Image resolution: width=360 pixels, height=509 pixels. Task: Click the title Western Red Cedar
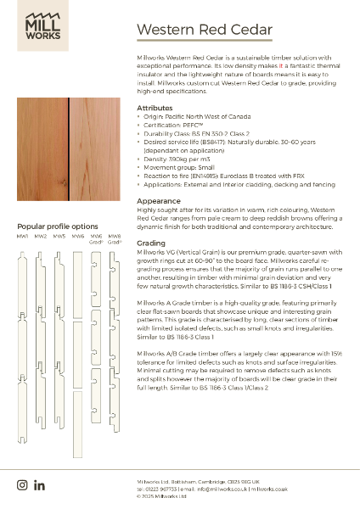click(x=204, y=31)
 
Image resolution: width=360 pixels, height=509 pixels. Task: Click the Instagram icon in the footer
click(x=23, y=484)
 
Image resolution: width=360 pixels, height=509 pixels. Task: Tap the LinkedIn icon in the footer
click(x=39, y=484)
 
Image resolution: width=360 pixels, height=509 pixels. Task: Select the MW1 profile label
click(x=23, y=237)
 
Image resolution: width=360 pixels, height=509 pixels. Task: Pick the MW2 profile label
click(x=41, y=237)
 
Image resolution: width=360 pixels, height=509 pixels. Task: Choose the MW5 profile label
click(x=59, y=237)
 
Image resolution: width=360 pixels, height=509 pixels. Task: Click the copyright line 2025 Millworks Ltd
click(x=166, y=497)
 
